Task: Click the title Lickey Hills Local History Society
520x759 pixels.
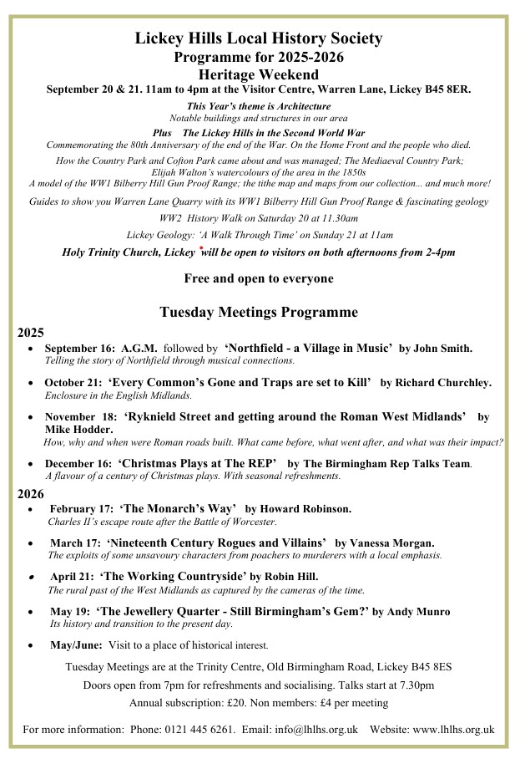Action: pyautogui.click(x=259, y=38)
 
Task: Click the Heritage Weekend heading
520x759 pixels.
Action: pyautogui.click(x=259, y=74)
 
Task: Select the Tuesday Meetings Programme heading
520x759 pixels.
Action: pyautogui.click(x=259, y=312)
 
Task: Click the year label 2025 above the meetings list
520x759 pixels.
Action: pyautogui.click(x=31, y=332)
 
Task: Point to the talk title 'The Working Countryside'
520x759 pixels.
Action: pyautogui.click(x=173, y=576)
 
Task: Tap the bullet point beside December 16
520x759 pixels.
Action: pyautogui.click(x=31, y=463)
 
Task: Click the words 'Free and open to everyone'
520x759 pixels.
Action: pyautogui.click(x=259, y=278)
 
